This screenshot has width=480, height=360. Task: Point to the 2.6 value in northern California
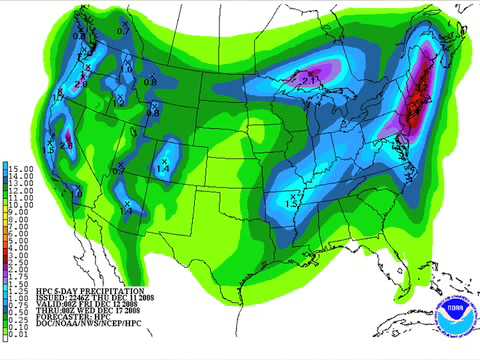pos(67,146)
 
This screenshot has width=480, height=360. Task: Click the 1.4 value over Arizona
pos(127,212)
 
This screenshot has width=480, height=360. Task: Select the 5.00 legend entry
pos(18,243)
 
